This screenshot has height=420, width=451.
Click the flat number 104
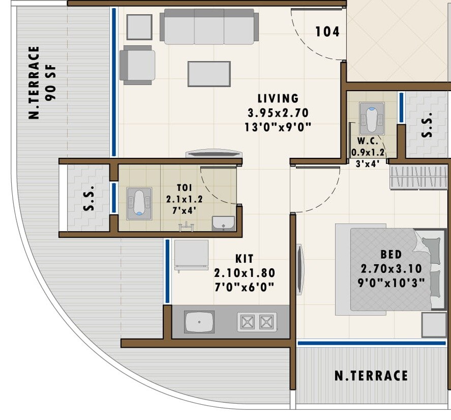tap(327, 32)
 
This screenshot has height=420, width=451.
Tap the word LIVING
tap(278, 99)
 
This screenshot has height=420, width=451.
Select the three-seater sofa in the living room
tap(209, 28)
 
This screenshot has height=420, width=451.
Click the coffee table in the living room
tap(209, 74)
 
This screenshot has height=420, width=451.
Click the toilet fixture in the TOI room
tap(139, 204)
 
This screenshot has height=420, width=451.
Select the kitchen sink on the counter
tap(199, 322)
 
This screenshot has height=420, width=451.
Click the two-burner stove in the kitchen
tap(257, 322)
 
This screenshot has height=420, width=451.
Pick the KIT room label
tap(245, 259)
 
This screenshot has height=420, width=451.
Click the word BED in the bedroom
tap(391, 255)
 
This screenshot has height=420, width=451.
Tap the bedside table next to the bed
tap(434, 325)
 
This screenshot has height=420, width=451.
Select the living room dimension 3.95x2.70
tap(278, 113)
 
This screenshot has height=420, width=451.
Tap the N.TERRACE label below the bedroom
tap(371, 376)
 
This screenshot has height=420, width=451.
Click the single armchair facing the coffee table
tap(138, 65)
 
